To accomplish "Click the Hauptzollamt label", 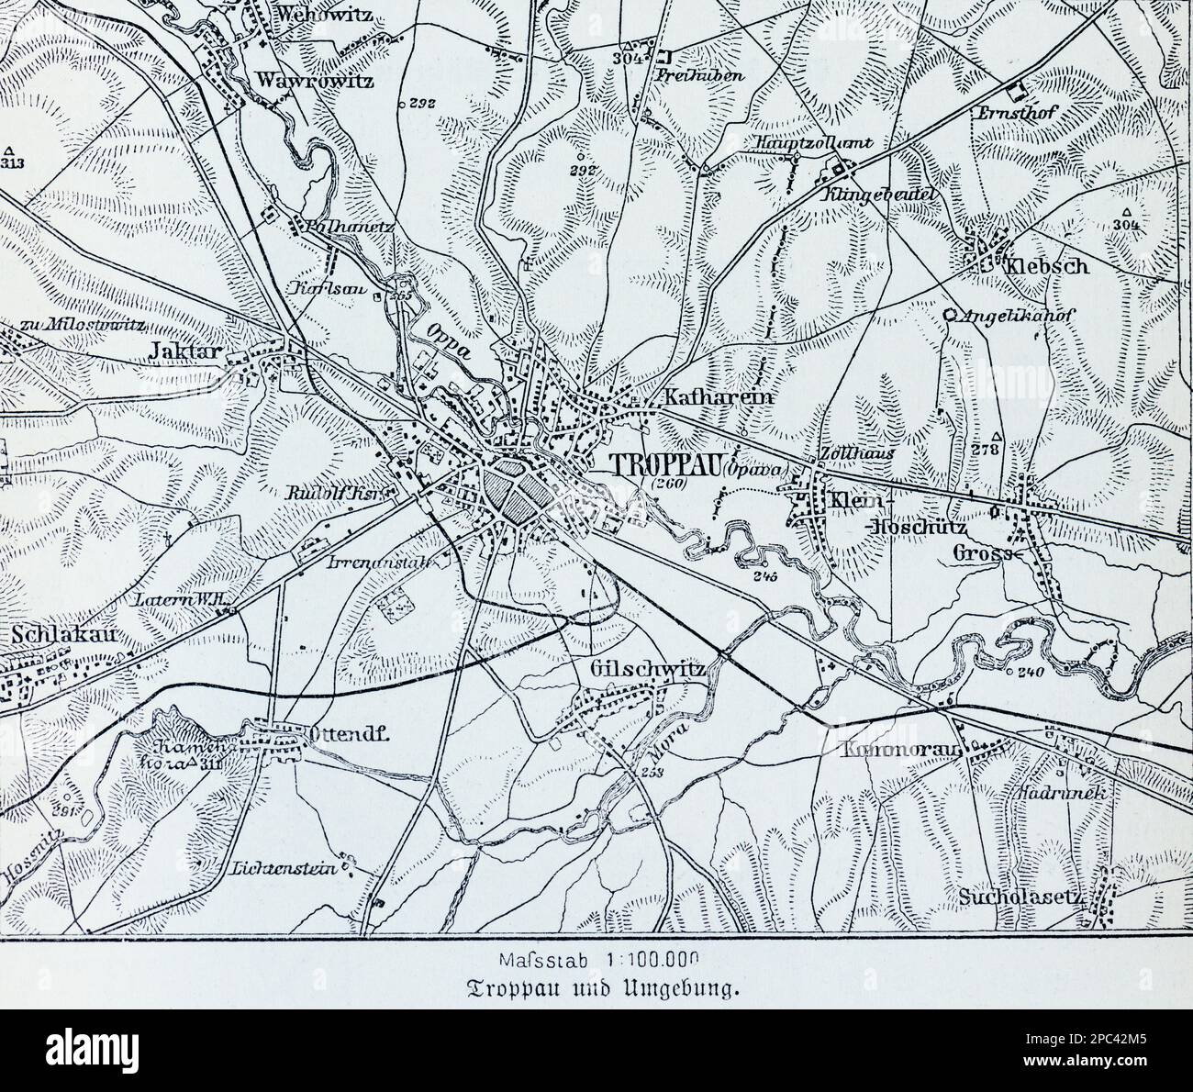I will [x=808, y=142].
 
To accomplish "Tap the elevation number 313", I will [x=12, y=164].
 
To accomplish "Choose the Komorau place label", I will [x=900, y=750].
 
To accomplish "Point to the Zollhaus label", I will [x=853, y=453].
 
